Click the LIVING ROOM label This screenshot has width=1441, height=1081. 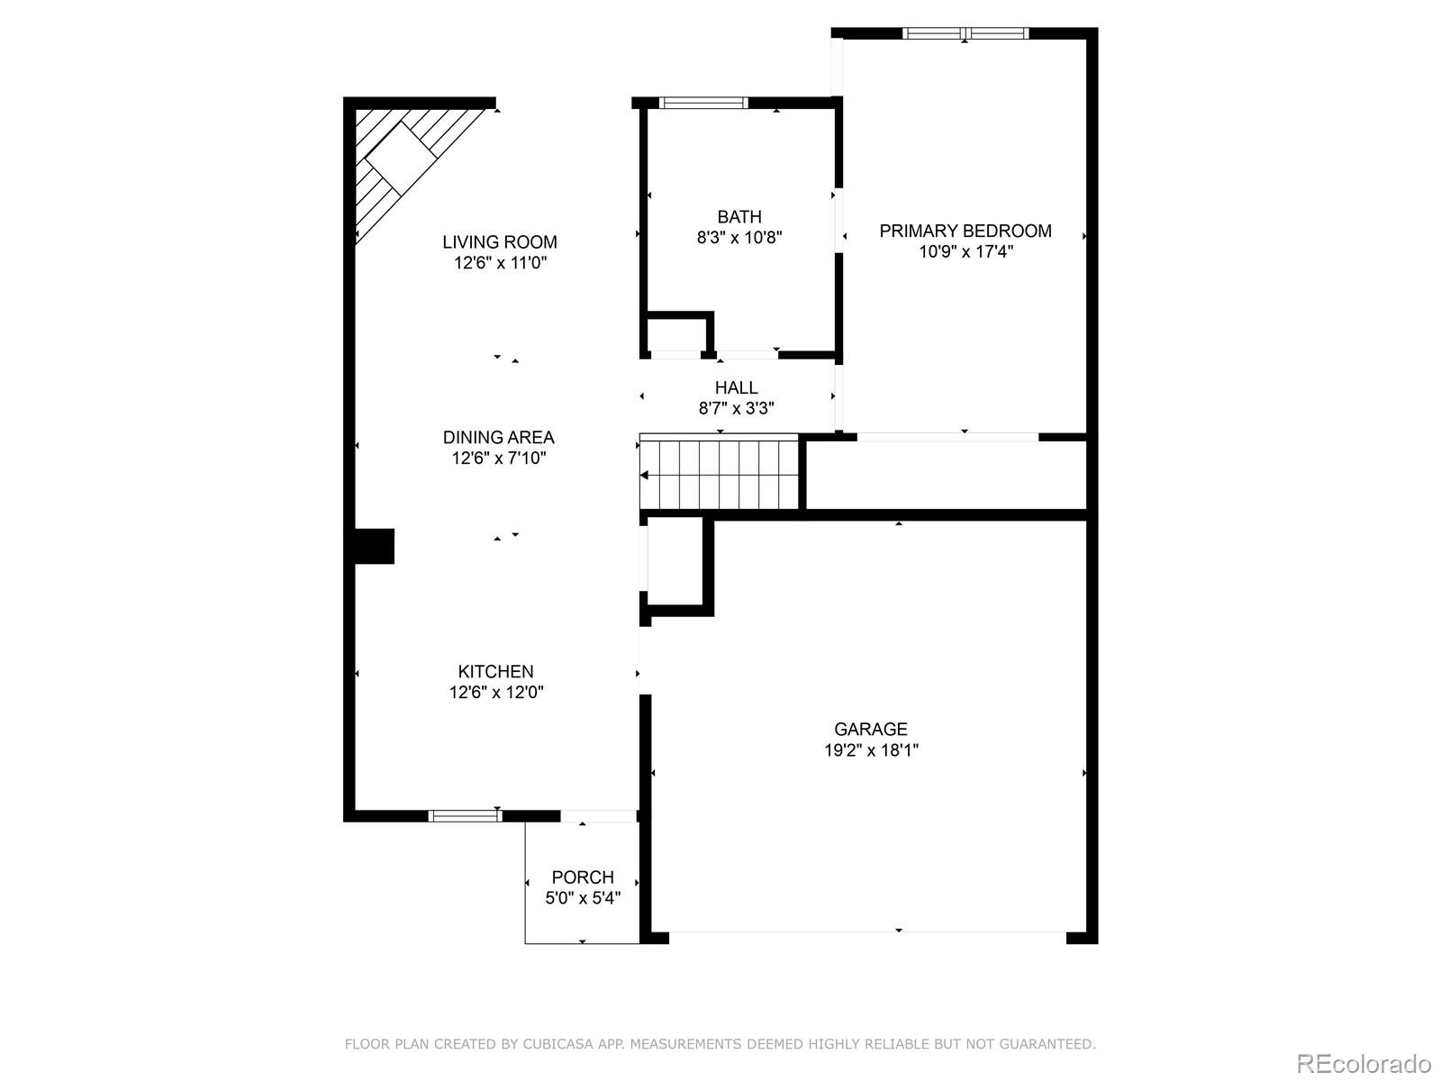click(x=499, y=241)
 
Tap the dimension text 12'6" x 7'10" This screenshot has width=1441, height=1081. click(x=499, y=458)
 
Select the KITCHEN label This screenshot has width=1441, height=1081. click(x=495, y=671)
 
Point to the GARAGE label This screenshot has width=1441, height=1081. click(x=870, y=729)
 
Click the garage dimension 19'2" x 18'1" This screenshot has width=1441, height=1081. click(x=870, y=749)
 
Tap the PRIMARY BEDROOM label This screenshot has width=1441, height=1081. click(x=965, y=231)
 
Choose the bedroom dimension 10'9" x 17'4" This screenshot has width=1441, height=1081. click(x=965, y=251)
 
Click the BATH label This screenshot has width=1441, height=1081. click(x=739, y=216)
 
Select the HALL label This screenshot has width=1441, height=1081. click(x=736, y=387)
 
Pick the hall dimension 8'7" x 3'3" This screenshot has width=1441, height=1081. click(x=736, y=408)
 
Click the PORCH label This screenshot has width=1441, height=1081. click(x=583, y=877)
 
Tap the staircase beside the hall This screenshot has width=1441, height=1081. click(x=720, y=474)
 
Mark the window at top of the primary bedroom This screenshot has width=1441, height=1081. click(x=965, y=34)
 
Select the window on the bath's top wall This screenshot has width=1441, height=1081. click(x=704, y=103)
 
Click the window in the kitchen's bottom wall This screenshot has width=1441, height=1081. click(x=465, y=816)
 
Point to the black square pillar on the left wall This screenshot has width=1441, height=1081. click(x=374, y=546)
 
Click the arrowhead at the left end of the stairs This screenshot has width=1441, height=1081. click(x=644, y=475)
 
